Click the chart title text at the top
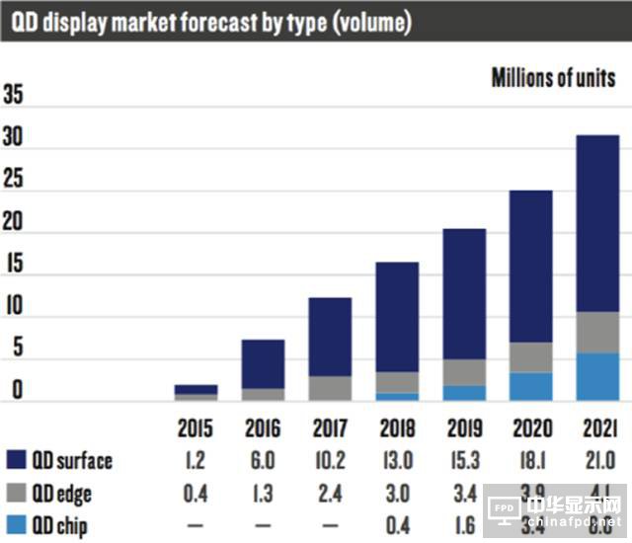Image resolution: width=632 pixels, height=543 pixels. point(211,22)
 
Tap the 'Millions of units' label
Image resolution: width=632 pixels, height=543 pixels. point(553,78)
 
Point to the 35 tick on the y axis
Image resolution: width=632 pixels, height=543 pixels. point(14,96)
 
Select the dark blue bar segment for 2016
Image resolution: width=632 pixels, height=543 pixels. point(263,363)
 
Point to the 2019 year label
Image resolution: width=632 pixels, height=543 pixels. point(463,428)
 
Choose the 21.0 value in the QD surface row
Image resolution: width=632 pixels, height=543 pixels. point(597,460)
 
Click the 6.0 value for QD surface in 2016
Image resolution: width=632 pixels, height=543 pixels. point(264,460)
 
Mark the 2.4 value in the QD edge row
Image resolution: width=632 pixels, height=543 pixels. point(330,493)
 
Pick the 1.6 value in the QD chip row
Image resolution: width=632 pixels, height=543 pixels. point(463,524)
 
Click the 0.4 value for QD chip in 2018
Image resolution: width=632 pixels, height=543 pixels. point(397,524)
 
